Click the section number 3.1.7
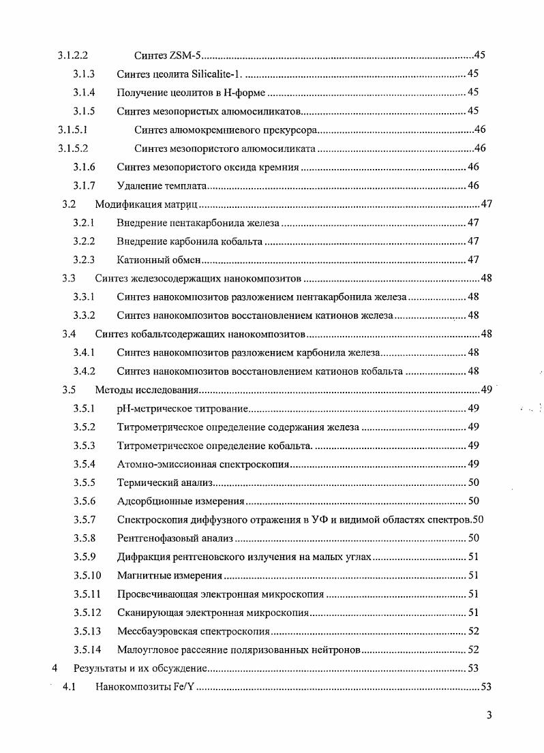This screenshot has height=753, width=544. click(x=83, y=185)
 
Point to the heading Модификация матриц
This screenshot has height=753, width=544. click(x=146, y=204)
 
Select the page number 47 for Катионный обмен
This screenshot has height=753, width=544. click(x=473, y=260)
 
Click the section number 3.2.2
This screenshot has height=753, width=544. click(x=83, y=241)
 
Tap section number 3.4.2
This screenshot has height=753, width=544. click(x=83, y=371)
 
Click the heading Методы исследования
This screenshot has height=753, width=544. click(x=146, y=390)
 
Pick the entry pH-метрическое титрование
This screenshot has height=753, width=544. click(x=181, y=409)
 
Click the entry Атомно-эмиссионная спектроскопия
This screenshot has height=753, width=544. click(x=203, y=464)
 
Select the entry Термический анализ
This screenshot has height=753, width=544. click(x=165, y=482)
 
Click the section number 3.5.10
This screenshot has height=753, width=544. click(x=86, y=575)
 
